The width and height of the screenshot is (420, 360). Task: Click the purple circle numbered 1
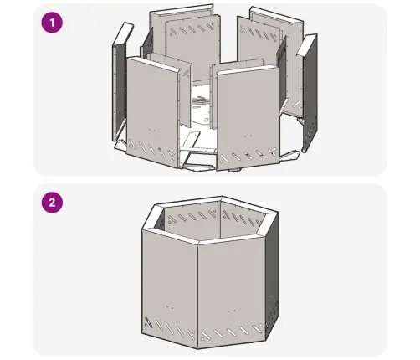(x=52, y=23)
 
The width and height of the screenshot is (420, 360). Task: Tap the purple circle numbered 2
(x=52, y=203)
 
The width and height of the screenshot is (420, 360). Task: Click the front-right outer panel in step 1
(x=248, y=117)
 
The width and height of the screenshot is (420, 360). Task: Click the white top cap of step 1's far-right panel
(x=305, y=44)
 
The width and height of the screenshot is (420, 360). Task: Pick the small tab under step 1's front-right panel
(x=234, y=170)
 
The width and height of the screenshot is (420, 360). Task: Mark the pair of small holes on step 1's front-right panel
(x=248, y=136)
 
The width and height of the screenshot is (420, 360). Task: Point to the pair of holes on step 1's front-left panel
(x=152, y=130)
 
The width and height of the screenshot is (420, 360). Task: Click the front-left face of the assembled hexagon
(x=169, y=287)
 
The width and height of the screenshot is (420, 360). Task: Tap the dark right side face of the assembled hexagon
(x=272, y=276)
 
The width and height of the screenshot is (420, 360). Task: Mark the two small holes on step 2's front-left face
(x=169, y=308)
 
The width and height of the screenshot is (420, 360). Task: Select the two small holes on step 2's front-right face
(x=232, y=311)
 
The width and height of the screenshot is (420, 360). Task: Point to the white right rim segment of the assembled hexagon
(x=269, y=224)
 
